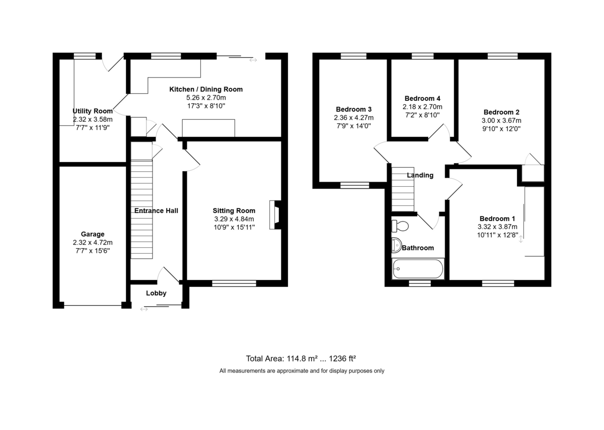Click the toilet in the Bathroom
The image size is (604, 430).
[400, 226]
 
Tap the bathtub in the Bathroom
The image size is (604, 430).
[418, 269]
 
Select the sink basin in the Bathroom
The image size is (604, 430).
[396, 245]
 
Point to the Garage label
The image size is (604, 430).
[93, 234]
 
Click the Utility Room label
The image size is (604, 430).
[93, 111]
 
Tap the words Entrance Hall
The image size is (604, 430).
[156, 210]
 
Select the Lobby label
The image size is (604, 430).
[156, 293]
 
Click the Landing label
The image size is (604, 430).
[420, 175]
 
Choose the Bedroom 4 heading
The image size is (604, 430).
[422, 98]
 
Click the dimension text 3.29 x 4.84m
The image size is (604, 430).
[234, 219]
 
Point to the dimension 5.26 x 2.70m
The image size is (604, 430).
[206, 97]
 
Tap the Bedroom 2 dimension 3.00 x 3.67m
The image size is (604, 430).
[501, 120]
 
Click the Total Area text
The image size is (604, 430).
[300, 359]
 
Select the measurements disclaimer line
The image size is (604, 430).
[301, 371]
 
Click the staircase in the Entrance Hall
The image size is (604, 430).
[141, 209]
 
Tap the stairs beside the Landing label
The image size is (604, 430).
[403, 189]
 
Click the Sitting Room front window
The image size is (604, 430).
[234, 283]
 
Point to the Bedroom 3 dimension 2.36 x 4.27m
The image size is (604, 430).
[353, 118]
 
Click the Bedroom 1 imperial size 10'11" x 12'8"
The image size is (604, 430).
[497, 235]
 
